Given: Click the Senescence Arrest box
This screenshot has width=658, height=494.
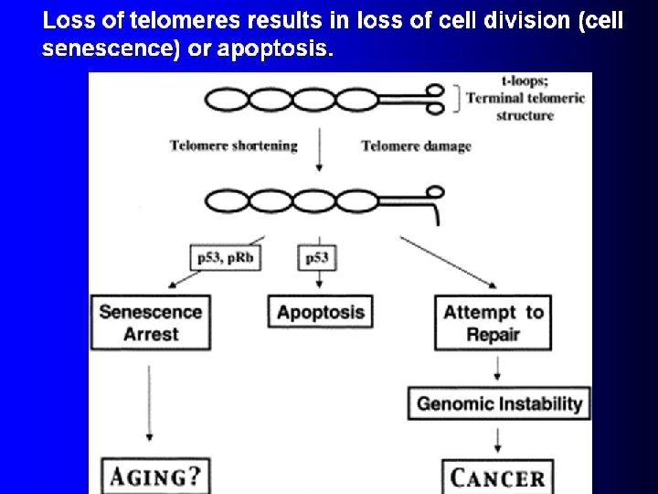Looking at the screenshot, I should click(x=151, y=322).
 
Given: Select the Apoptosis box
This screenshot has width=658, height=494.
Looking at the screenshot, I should click(x=321, y=313).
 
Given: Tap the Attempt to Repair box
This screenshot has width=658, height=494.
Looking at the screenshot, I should click(x=493, y=323).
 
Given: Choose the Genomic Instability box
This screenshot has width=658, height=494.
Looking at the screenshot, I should click(x=500, y=403).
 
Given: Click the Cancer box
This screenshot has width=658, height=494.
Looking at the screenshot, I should click(x=498, y=477).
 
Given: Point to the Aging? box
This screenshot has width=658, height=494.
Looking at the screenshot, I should click(x=154, y=477).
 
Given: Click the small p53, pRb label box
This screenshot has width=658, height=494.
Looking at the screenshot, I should click(x=225, y=259).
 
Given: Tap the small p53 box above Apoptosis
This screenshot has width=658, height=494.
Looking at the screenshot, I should click(x=316, y=259).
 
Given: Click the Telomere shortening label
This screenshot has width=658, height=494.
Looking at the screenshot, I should click(x=234, y=146).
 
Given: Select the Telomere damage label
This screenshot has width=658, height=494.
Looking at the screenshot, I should click(x=416, y=146).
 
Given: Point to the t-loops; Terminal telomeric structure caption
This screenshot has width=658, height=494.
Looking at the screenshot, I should click(x=525, y=98).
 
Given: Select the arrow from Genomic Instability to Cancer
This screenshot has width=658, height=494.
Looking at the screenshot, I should click(x=496, y=440).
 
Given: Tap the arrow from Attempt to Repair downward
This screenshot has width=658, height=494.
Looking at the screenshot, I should click(x=496, y=368).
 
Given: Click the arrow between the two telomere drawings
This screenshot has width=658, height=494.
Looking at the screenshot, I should click(x=319, y=151).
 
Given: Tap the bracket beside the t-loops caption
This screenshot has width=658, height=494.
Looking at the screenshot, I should click(x=457, y=98).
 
